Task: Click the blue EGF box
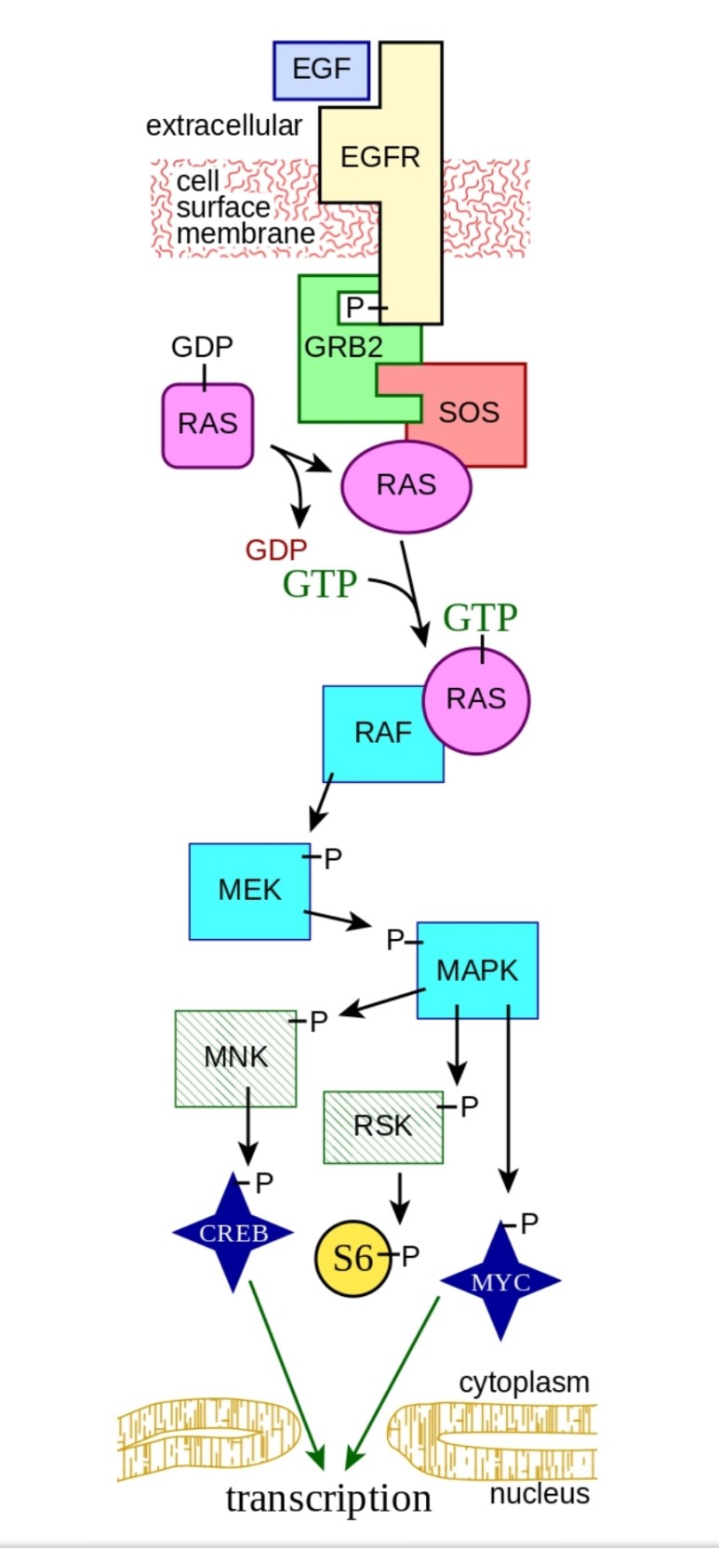pyautogui.click(x=321, y=70)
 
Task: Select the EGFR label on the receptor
pyautogui.click(x=379, y=156)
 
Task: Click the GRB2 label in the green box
pyautogui.click(x=343, y=348)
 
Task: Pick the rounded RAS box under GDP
pyautogui.click(x=207, y=424)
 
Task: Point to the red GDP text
pyautogui.click(x=275, y=549)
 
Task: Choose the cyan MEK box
pyautogui.click(x=249, y=891)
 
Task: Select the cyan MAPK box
pyautogui.click(x=477, y=971)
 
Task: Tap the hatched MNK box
pyautogui.click(x=235, y=1057)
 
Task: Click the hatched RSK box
pyautogui.click(x=382, y=1126)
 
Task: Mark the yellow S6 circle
pyautogui.click(x=353, y=1258)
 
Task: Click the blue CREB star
pyautogui.click(x=233, y=1233)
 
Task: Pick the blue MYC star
pyautogui.click(x=500, y=1282)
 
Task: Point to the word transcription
pyautogui.click(x=328, y=1498)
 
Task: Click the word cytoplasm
pyautogui.click(x=524, y=1383)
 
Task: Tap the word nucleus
pyautogui.click(x=539, y=1494)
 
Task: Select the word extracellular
pyautogui.click(x=223, y=126)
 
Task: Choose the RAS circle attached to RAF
pyautogui.click(x=476, y=699)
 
